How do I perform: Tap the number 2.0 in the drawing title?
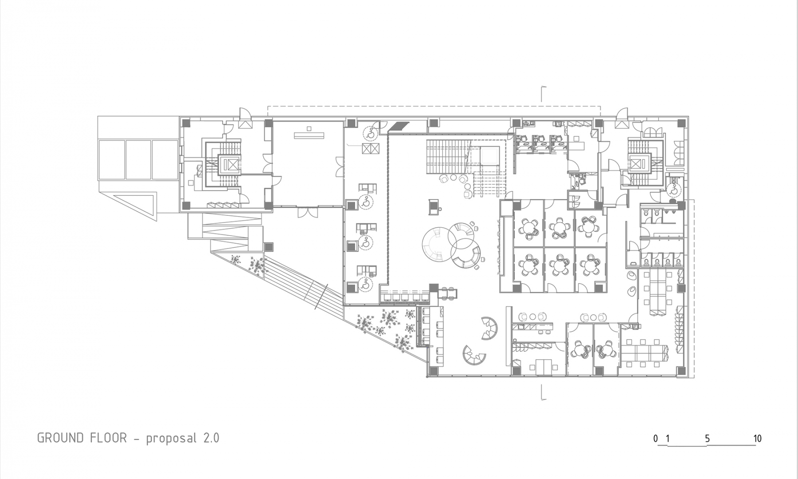pos(211,438)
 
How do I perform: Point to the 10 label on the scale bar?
pos(757,439)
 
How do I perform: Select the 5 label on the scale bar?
pos(707,439)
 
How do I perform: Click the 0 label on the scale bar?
pos(656,439)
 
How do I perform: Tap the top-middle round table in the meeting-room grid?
pos(559,226)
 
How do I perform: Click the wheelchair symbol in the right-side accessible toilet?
pos(674,191)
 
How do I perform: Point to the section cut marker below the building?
pos(543,393)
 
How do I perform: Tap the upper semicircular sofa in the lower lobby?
pos(490,327)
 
